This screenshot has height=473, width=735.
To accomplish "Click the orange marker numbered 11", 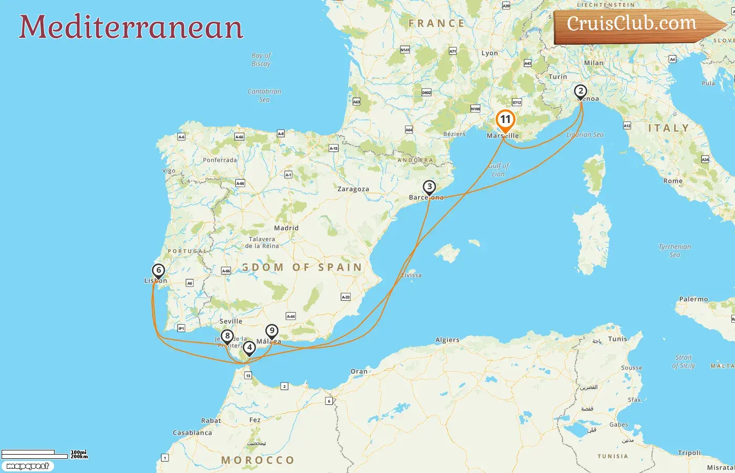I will [x=505, y=120].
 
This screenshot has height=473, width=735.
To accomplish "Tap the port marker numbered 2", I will [x=580, y=91].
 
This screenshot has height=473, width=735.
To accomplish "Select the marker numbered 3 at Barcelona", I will [x=429, y=187].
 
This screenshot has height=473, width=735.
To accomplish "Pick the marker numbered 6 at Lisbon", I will [x=158, y=271].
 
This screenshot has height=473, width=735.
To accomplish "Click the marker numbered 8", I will [x=227, y=336].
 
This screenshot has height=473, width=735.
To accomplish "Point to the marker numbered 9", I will [x=271, y=331].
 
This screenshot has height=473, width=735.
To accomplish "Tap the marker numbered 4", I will [x=249, y=348].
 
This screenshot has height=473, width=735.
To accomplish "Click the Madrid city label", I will [x=286, y=228].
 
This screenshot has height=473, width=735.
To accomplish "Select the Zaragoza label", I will [x=353, y=189].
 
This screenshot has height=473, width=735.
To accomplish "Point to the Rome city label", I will [x=673, y=181].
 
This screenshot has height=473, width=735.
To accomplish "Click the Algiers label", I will [x=447, y=340].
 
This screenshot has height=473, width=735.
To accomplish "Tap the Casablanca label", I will [x=192, y=433].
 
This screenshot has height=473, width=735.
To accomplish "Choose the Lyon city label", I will [x=489, y=53].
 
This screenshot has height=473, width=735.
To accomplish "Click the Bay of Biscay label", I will [x=261, y=59].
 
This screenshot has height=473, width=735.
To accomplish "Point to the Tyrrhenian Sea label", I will [x=675, y=251].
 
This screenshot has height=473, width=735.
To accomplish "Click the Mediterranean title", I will [x=131, y=27].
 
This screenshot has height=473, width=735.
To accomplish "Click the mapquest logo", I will [x=27, y=466].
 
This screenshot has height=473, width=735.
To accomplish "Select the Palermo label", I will [x=694, y=299].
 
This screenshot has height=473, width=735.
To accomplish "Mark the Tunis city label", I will [x=617, y=339].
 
